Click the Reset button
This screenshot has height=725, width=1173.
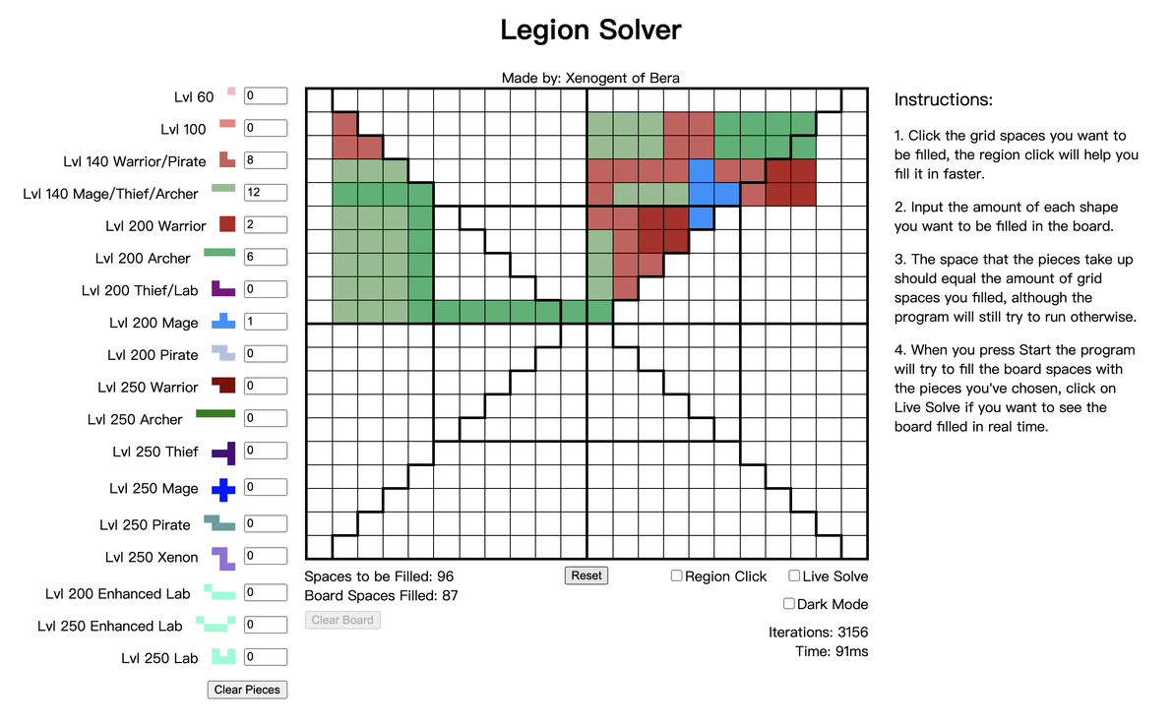pyautogui.click(x=586, y=575)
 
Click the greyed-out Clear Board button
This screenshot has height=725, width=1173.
pyautogui.click(x=342, y=620)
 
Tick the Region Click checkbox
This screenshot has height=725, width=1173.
pyautogui.click(x=676, y=575)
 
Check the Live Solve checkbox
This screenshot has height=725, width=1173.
pyautogui.click(x=794, y=575)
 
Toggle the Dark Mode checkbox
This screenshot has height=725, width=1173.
pyautogui.click(x=788, y=603)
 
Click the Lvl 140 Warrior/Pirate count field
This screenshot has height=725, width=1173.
pyautogui.click(x=266, y=160)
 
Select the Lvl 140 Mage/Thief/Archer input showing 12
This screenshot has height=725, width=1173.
pyautogui.click(x=266, y=192)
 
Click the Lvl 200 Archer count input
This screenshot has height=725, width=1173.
pyautogui.click(x=266, y=257)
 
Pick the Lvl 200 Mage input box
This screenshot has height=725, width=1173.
pyautogui.click(x=266, y=321)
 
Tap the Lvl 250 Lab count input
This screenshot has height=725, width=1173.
pyautogui.click(x=266, y=657)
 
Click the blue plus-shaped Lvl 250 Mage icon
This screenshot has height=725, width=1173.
pyautogui.click(x=223, y=489)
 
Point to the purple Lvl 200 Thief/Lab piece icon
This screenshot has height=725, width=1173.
pyautogui.click(x=223, y=289)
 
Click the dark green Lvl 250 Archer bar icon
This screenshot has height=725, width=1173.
pyautogui.click(x=216, y=414)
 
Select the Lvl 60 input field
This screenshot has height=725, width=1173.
pyautogui.click(x=266, y=95)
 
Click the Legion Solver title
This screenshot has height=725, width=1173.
pyautogui.click(x=591, y=30)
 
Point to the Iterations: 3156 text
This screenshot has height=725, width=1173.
pyautogui.click(x=819, y=633)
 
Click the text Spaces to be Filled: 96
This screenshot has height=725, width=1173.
pyautogui.click(x=379, y=576)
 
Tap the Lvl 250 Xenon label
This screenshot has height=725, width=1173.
pyautogui.click(x=152, y=558)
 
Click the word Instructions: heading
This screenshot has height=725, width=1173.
pyautogui.click(x=944, y=99)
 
